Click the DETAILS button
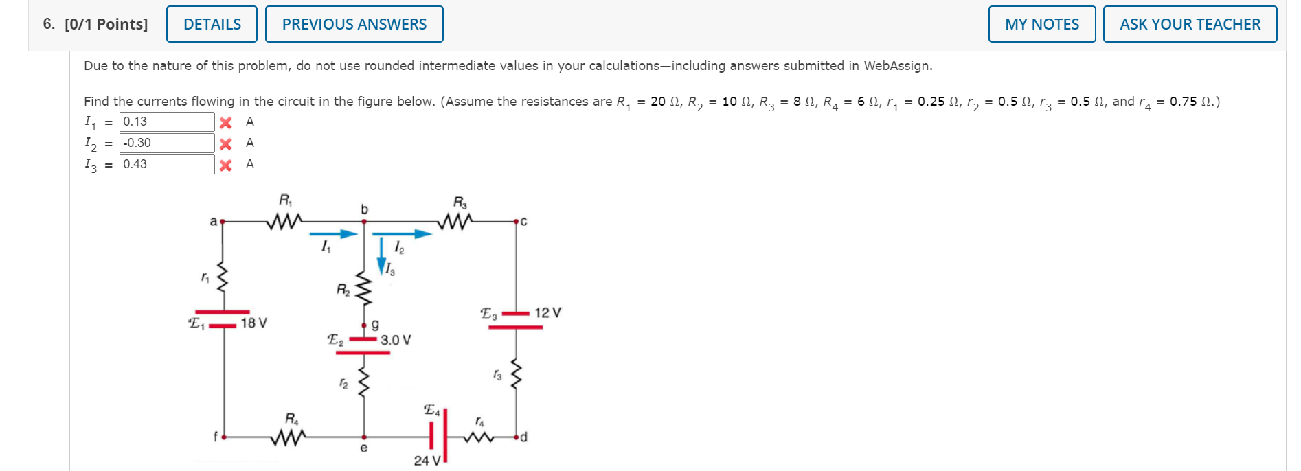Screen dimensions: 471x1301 tap(212, 24)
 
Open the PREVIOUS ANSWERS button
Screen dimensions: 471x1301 tap(354, 24)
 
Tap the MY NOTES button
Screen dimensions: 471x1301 tap(1041, 24)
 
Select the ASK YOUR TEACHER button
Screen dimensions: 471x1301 tap(1190, 24)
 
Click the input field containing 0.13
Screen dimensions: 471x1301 tap(167, 122)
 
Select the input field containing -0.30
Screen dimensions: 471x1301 tap(167, 143)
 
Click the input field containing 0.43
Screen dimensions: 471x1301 tap(167, 164)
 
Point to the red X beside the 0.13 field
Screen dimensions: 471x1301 tap(225, 122)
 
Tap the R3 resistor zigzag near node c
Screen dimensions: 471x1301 tap(455, 221)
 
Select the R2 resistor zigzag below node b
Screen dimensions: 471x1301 tap(364, 291)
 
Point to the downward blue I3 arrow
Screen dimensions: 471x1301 tap(382, 255)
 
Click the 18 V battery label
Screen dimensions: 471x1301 tap(253, 323)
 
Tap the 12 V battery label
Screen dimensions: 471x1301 tap(547, 312)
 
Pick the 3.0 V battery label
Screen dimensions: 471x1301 tap(396, 340)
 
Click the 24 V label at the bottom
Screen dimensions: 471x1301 tap(427, 461)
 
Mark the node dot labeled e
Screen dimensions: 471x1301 tap(364, 437)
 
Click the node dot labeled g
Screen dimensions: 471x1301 tap(364, 325)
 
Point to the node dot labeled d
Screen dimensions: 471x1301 tap(516, 437)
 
